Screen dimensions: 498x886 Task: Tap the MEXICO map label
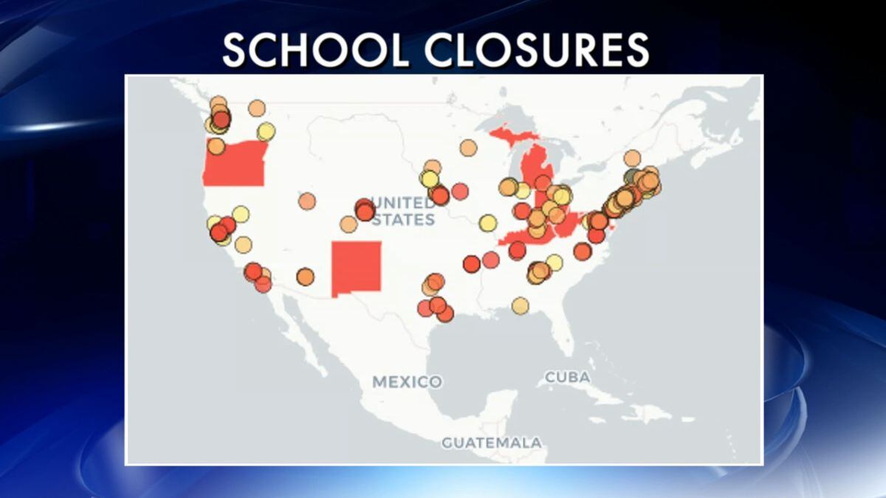point(407,382)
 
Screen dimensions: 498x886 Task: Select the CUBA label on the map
point(567,377)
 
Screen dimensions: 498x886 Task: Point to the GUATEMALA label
point(491,443)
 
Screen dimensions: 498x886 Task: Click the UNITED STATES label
point(403,211)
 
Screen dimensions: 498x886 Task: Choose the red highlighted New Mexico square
point(357,268)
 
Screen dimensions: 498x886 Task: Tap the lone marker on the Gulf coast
point(521,305)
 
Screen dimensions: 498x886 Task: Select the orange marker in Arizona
point(305,277)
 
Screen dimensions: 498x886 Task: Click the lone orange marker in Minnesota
point(468,148)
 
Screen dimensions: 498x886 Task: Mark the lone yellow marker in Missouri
point(487,223)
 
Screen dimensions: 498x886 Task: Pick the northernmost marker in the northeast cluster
point(632,158)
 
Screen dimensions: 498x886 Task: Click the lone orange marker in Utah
point(307,201)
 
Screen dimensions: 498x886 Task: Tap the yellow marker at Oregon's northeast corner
point(266,131)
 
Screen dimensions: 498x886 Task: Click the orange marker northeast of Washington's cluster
point(256,108)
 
